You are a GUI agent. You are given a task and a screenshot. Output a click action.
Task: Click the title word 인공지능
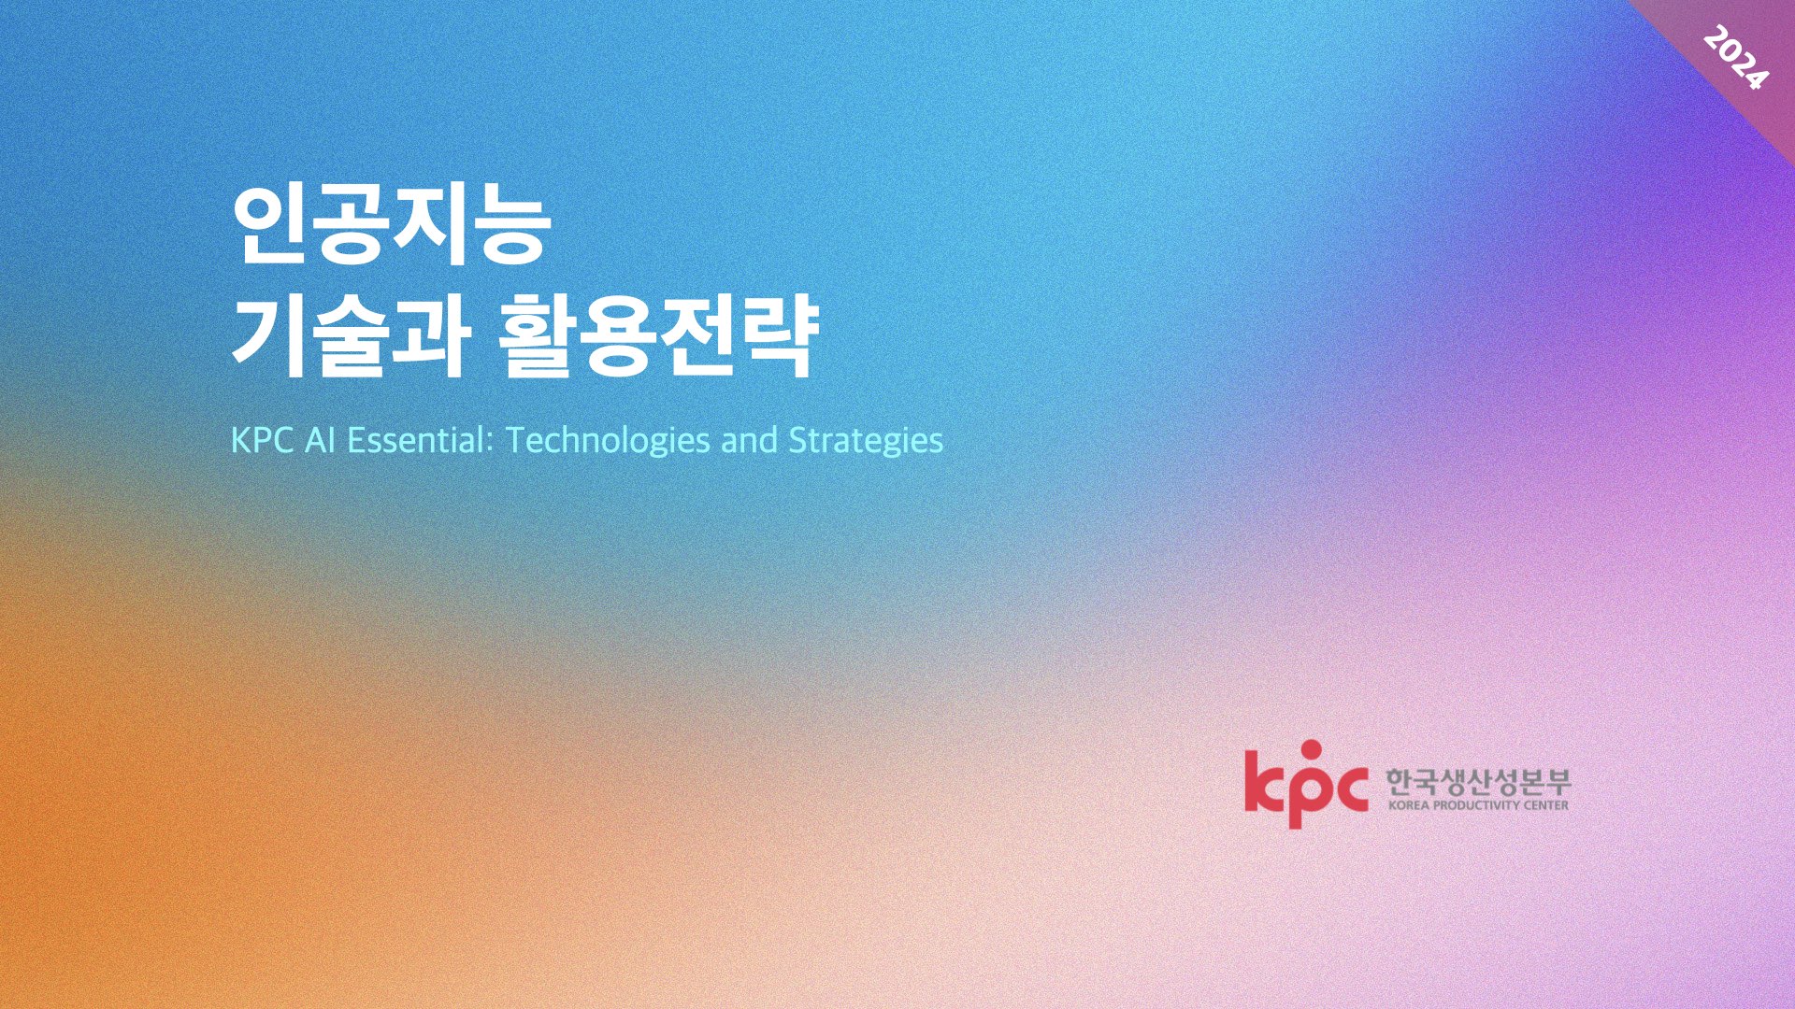tap(389, 229)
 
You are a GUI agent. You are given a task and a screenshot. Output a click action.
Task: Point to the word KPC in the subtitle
tap(264, 440)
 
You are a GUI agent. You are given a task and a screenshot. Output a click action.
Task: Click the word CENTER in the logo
tap(1547, 805)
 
